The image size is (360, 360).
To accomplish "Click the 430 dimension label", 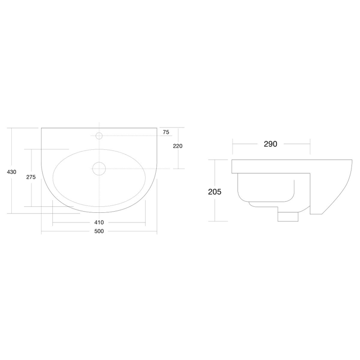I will tap(11, 172).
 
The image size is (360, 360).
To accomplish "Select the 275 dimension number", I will tap(31, 177).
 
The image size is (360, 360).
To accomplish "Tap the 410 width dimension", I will tap(99, 222).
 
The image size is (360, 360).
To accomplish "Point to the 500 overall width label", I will tap(99, 231).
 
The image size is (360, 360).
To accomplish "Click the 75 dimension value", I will tap(166, 132).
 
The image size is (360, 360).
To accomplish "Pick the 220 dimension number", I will tap(178, 146).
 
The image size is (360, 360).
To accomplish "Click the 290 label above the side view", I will tap(271, 144).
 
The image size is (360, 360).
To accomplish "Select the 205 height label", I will tap(215, 191).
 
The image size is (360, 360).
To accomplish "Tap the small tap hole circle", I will tap(99, 136).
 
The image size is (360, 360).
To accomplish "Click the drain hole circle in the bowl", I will tap(99, 169).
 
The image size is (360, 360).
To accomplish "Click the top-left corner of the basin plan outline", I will tap(42, 128).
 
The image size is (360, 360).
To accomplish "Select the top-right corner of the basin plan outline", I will tap(157, 128).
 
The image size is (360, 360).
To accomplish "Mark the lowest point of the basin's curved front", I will tap(99, 213).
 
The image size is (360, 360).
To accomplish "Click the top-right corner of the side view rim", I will tap(353, 159).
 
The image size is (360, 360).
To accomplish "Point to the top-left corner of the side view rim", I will tap(232, 159).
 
